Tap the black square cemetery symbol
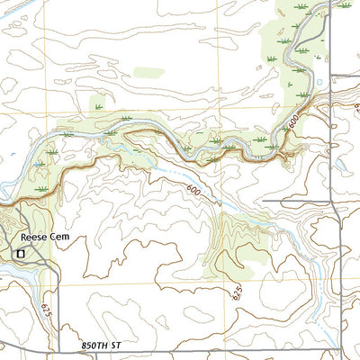[x=20, y=255]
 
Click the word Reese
[x=33, y=238]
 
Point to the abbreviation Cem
[x=59, y=238]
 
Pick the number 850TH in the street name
[x=74, y=343]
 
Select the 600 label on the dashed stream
[x=193, y=191]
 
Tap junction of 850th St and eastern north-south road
[x=337, y=349]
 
